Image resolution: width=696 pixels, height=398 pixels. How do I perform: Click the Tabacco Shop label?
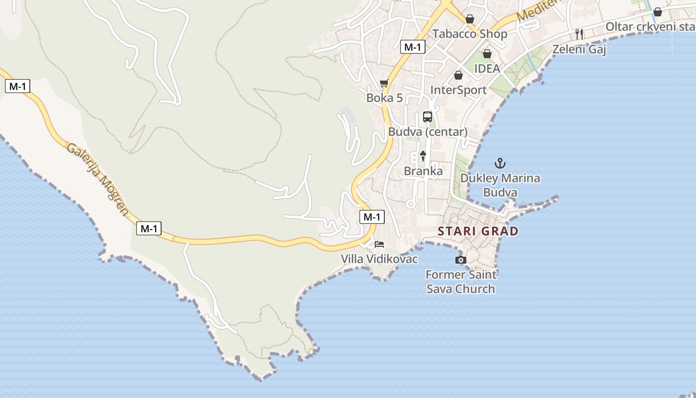pos(469,34)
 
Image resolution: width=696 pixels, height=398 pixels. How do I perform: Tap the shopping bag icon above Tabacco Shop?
pos(469,19)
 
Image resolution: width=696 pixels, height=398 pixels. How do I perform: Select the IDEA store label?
pos(487,69)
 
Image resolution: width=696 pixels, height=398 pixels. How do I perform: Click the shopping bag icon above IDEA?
pos(487,54)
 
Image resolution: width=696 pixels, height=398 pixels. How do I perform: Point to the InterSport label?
pos(458,90)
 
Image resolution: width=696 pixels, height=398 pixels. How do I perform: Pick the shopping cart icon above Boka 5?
pos(384,83)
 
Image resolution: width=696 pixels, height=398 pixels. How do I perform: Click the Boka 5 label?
pos(384,98)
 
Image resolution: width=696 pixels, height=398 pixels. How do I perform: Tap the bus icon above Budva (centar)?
pos(427,117)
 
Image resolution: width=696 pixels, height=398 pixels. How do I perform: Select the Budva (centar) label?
pos(428,132)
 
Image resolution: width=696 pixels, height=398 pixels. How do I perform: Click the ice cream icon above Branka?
pos(423,156)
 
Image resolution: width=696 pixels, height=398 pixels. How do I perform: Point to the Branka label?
pos(423,171)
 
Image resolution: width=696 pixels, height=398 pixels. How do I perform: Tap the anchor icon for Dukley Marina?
pos(500,163)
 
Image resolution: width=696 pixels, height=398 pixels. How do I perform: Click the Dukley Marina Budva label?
pos(500,185)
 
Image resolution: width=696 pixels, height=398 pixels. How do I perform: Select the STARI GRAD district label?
pos(478,231)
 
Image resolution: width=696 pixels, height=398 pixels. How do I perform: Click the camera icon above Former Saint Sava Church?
pos(460,260)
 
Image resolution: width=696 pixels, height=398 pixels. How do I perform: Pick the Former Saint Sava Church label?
pos(461,282)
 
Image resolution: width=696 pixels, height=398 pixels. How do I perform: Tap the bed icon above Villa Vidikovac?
pos(379,244)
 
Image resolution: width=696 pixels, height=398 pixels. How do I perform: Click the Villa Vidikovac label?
pos(379,259)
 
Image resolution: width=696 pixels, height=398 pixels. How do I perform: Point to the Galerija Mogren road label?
pos(97,180)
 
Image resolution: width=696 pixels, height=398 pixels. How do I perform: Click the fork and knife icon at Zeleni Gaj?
pos(579,34)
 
